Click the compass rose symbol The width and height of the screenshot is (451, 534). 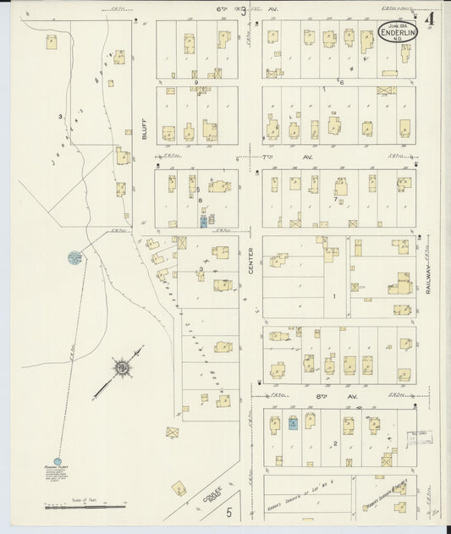coord(123,368)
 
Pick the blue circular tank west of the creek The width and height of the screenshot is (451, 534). coord(74,256)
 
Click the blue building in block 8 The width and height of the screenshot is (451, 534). coord(204,221)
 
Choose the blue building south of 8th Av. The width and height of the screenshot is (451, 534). coord(293,423)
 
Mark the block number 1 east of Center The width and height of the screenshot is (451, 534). coord(334,296)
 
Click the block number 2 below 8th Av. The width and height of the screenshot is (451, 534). coord(336,443)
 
